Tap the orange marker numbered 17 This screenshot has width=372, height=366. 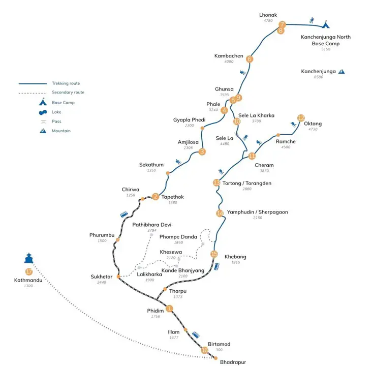click(x=28, y=271)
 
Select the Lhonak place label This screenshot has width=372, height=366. click(x=268, y=15)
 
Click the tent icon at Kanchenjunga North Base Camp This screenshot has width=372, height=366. click(x=326, y=23)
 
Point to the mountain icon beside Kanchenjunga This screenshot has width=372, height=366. click(x=342, y=72)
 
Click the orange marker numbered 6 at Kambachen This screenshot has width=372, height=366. click(x=250, y=59)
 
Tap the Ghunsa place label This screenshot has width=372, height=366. click(x=224, y=88)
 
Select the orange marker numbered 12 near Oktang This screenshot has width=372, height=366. click(x=301, y=117)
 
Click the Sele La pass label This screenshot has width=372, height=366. click(x=225, y=138)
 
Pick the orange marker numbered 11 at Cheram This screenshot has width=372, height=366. click(x=252, y=156)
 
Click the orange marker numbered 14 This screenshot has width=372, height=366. click(x=220, y=213)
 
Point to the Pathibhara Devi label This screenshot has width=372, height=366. click(x=152, y=224)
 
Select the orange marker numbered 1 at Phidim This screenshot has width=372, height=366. click(x=170, y=308)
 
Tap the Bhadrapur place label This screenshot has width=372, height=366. click(x=232, y=362)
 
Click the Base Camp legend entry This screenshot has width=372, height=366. click(x=61, y=102)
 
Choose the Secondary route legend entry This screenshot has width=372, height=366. click(x=68, y=93)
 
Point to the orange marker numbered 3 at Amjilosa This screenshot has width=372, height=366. click(x=202, y=151)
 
